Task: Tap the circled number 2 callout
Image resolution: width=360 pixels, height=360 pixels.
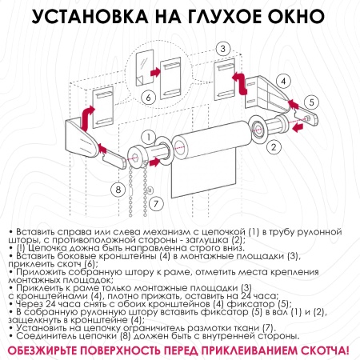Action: point(274,146)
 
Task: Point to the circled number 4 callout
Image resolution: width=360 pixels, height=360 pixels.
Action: point(283,81)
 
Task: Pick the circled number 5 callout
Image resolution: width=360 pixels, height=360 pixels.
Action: point(313,102)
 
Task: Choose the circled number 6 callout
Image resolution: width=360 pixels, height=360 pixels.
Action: point(147,98)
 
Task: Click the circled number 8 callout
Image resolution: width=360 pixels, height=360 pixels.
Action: point(118,189)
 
